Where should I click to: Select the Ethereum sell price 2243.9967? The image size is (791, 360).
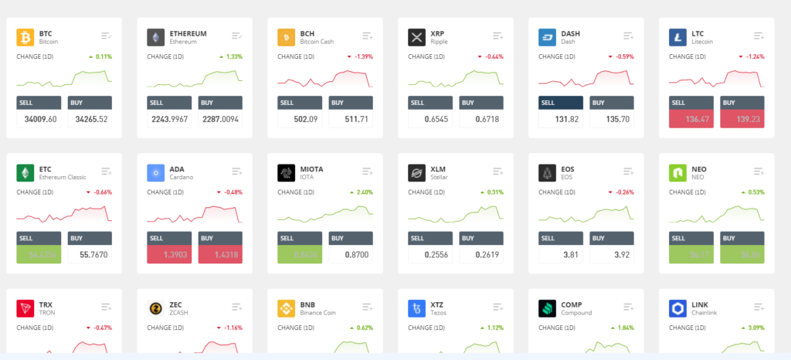168,119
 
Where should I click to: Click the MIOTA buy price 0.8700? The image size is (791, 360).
351,253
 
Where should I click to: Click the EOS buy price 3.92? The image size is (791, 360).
612,253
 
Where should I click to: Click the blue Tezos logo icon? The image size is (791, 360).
417,308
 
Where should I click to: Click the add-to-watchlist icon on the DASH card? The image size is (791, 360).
628,36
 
